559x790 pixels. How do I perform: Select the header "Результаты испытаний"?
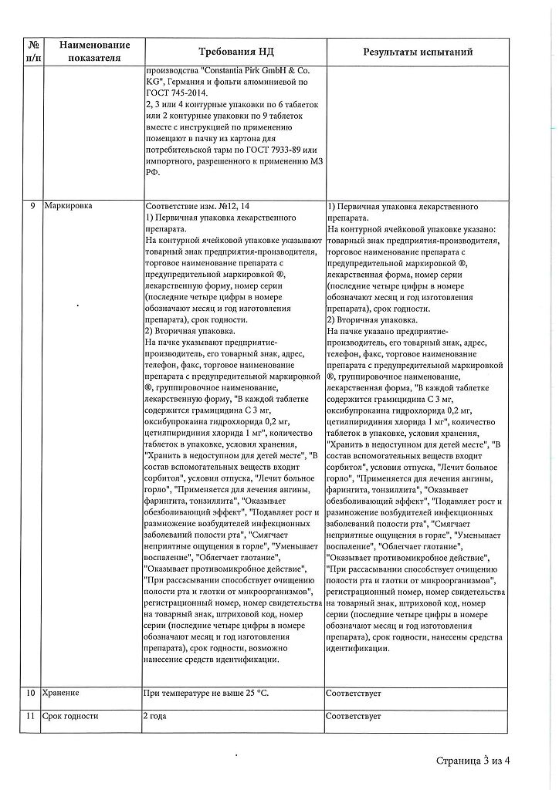[418, 51]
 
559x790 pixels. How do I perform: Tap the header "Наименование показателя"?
[94, 51]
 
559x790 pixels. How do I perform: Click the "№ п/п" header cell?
[33, 51]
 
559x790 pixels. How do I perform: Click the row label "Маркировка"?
[69, 207]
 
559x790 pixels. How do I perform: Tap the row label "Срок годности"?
[72, 716]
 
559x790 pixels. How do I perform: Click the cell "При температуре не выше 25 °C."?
[205, 694]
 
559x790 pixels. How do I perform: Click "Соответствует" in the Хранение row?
[354, 694]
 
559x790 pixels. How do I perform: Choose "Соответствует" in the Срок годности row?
[354, 716]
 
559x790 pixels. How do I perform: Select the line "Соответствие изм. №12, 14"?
[197, 207]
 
